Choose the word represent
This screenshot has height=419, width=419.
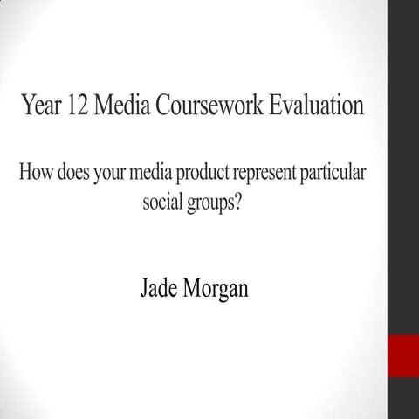tap(270, 172)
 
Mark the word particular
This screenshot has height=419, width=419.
tap(336, 172)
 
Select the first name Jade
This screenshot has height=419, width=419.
tap(159, 288)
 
